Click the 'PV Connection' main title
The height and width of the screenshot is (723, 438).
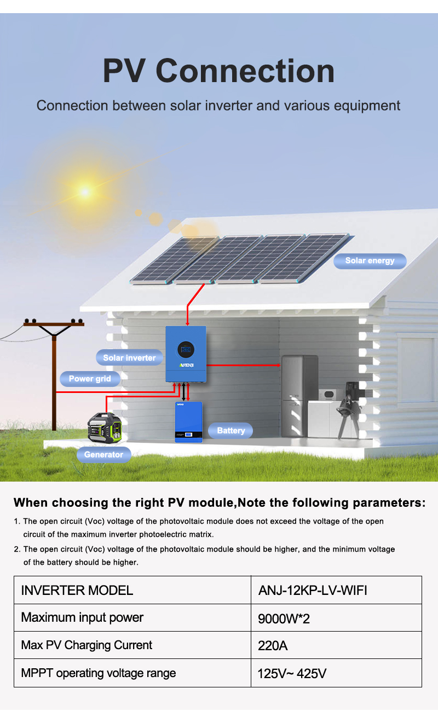pos(218,71)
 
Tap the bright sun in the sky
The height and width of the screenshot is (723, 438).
pos(85,192)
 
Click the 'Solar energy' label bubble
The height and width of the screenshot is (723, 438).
pos(370,261)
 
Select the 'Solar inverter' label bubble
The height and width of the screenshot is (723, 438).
pos(129,357)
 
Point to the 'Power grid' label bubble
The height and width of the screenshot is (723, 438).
pos(90,379)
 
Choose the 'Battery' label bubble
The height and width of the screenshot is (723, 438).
pos(230,431)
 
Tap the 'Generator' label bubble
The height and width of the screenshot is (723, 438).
pos(103,455)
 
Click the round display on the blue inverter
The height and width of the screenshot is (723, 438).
pos(186,350)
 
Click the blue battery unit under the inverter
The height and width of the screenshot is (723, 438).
pos(188,422)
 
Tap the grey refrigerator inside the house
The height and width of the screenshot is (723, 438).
pos(299,396)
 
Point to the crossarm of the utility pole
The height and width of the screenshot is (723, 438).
pos(54,324)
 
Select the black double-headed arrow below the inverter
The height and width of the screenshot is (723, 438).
pos(183,392)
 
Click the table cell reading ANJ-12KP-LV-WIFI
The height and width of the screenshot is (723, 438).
pos(336,590)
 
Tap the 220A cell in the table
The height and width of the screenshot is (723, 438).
pos(336,645)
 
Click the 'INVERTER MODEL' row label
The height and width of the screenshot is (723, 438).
pos(77,591)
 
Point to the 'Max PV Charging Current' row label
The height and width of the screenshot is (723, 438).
pos(87,645)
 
